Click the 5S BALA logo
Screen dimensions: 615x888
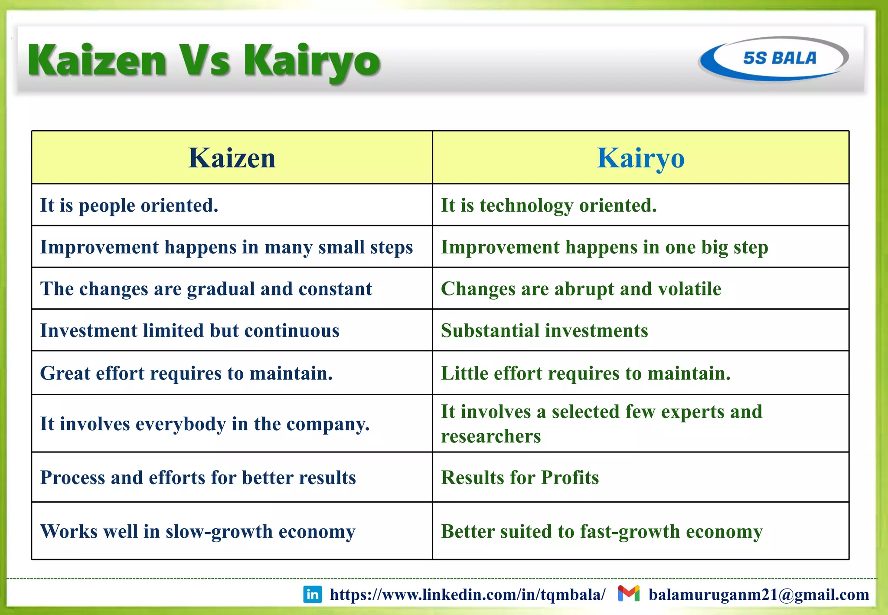tap(774, 59)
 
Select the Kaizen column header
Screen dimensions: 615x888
tap(232, 158)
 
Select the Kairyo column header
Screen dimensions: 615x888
tap(640, 158)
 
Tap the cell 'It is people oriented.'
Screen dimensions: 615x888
tap(129, 205)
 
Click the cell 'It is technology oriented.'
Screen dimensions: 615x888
tap(548, 205)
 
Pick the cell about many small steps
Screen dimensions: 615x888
tap(226, 247)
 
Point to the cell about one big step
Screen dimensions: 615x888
tap(604, 247)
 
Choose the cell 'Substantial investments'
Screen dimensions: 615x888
tap(544, 330)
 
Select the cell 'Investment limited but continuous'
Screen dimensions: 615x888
tap(189, 330)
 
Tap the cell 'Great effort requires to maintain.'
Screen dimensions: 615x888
tap(186, 373)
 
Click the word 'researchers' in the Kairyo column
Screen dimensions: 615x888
tap(491, 436)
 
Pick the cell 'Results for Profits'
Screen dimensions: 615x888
tap(520, 478)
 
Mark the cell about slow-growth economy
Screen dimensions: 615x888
tap(198, 531)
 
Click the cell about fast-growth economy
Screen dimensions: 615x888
tap(602, 531)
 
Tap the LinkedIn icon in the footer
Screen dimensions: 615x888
tap(313, 594)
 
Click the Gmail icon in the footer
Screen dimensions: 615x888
tap(629, 593)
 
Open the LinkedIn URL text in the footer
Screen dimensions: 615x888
tap(467, 595)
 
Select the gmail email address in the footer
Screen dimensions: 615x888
tap(759, 595)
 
